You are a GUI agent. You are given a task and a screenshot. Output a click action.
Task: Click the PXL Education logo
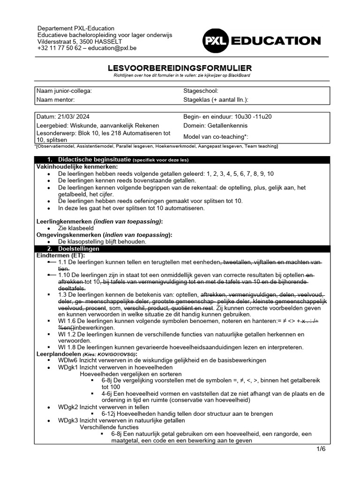pos(261,41)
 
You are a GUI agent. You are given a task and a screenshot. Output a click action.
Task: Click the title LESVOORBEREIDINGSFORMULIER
pos(180,68)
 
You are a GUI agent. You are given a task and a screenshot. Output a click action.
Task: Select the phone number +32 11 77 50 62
pos(60,48)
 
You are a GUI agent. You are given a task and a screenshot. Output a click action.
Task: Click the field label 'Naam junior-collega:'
pos(64,91)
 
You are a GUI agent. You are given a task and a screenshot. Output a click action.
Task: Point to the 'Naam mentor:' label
pos(55,99)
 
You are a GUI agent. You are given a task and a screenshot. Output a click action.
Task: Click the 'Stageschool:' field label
pos(201,91)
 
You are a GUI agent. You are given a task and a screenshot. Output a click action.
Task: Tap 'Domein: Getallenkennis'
pos(215,125)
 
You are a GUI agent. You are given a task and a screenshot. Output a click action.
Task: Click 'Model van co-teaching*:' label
pos(216,136)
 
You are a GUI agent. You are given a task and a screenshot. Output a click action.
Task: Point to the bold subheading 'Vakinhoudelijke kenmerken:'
pos(77,166)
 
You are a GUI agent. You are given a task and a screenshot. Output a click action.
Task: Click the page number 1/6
pos(320,449)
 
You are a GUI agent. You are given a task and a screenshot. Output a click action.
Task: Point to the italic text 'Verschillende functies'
pos(109,427)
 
